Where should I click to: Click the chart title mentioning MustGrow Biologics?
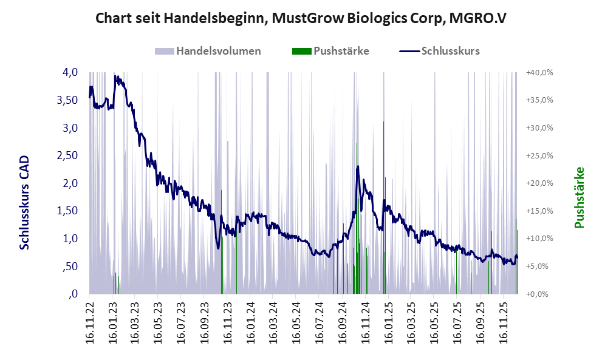301,18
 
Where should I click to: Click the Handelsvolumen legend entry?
218,51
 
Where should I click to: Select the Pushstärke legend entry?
340,51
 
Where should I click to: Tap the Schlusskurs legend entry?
450,51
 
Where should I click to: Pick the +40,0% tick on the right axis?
539,72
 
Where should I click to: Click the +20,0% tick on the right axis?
539,183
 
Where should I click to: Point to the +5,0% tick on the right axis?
539,267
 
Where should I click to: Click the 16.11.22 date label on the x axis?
89,321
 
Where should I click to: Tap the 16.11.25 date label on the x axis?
504,321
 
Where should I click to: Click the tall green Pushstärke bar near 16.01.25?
385,237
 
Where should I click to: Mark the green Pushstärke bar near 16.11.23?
221,243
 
